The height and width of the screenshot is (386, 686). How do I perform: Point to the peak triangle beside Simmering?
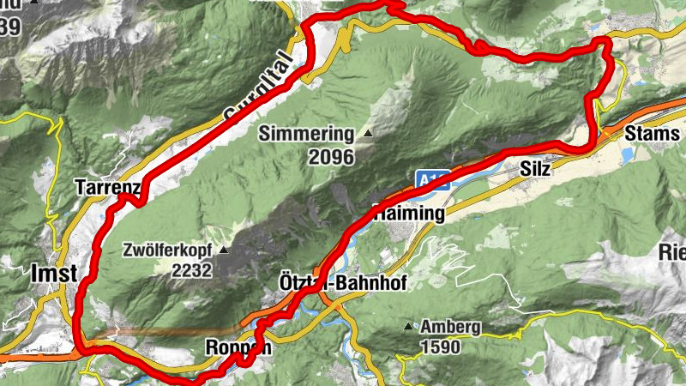(367, 134)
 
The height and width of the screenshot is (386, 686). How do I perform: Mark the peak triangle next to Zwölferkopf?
(224, 250)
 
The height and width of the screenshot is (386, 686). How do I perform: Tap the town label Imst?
(53, 274)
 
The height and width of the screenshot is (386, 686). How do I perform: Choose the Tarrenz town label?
(106, 187)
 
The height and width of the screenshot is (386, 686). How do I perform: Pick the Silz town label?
(535, 170)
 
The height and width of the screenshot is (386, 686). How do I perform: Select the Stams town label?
(653, 135)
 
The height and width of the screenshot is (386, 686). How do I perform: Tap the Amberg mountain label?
(450, 327)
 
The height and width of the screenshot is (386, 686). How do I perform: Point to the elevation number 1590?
(440, 347)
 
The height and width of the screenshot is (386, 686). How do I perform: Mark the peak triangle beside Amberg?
(408, 327)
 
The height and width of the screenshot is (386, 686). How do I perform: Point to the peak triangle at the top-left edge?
(34, 3)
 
